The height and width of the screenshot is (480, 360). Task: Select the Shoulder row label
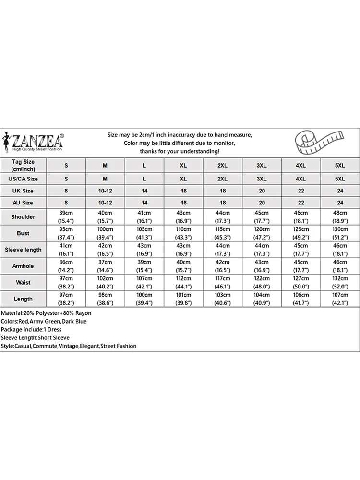click(24, 217)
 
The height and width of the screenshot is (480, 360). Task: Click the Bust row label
click(24, 233)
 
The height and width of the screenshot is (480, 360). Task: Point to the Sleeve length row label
click(24, 250)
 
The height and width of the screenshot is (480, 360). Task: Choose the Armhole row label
click(24, 266)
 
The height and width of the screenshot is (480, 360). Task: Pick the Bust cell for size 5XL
click(339, 233)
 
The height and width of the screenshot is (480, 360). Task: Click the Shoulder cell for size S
click(66, 217)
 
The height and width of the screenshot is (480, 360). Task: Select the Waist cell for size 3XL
click(262, 282)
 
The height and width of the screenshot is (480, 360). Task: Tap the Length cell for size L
click(144, 299)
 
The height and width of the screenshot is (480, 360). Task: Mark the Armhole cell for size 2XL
click(222, 266)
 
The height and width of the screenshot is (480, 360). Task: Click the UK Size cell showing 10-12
click(105, 191)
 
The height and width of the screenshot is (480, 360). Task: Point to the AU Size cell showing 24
click(339, 203)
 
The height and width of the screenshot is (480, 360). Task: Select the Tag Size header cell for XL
click(183, 165)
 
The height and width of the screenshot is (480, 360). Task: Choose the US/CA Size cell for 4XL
click(300, 178)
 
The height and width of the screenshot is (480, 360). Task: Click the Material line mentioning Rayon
click(46, 313)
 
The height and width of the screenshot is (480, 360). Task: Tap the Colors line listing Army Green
click(44, 321)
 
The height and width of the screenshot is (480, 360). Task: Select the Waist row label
click(24, 282)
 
